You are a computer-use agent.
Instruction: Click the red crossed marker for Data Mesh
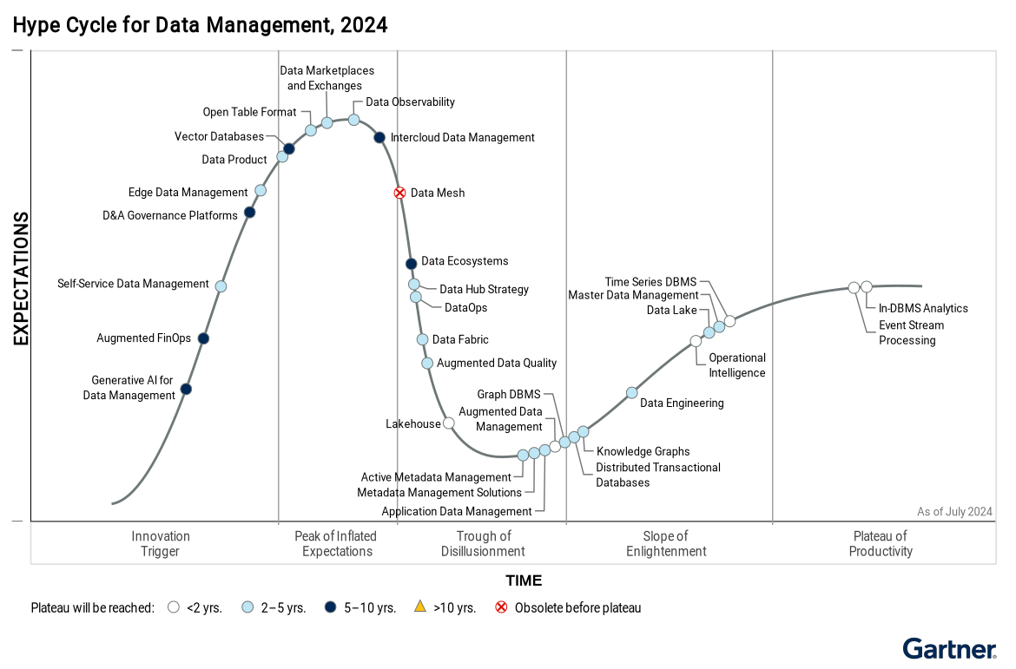pos(399,193)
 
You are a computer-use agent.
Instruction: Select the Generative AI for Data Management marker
pos(186,389)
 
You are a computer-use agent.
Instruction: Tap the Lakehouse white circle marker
pos(448,423)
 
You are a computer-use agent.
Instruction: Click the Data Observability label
pos(410,102)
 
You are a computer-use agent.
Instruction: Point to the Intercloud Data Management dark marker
pos(379,137)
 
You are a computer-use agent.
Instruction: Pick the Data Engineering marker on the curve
pos(632,392)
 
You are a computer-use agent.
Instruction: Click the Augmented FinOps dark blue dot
pos(203,338)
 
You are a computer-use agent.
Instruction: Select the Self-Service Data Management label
pos(133,284)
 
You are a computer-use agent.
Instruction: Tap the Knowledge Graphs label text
pos(643,451)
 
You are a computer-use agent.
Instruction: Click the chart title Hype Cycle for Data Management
pos(200,25)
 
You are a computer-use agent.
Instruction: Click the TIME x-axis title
pos(524,580)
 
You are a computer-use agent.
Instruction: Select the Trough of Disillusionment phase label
pos(483,543)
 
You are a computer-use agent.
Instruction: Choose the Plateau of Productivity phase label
pos(881,543)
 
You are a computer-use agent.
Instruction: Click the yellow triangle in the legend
pos(419,607)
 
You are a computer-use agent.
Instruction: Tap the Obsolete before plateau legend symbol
pos(501,607)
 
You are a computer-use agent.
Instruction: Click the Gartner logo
pos(949,649)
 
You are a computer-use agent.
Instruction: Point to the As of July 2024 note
pos(954,511)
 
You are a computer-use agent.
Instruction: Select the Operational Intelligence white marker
pos(696,341)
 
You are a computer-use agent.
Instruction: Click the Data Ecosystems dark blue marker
pos(411,264)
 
